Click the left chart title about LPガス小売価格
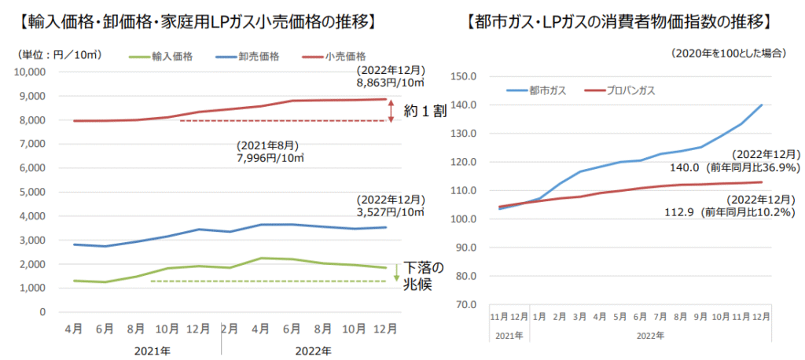pyautogui.click(x=194, y=22)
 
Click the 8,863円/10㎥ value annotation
pyautogui.click(x=391, y=81)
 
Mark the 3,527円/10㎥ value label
pyautogui.click(x=391, y=212)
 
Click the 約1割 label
pyautogui.click(x=425, y=112)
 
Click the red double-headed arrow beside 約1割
pyautogui.click(x=391, y=112)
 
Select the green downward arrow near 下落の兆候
pyautogui.click(x=396, y=270)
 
